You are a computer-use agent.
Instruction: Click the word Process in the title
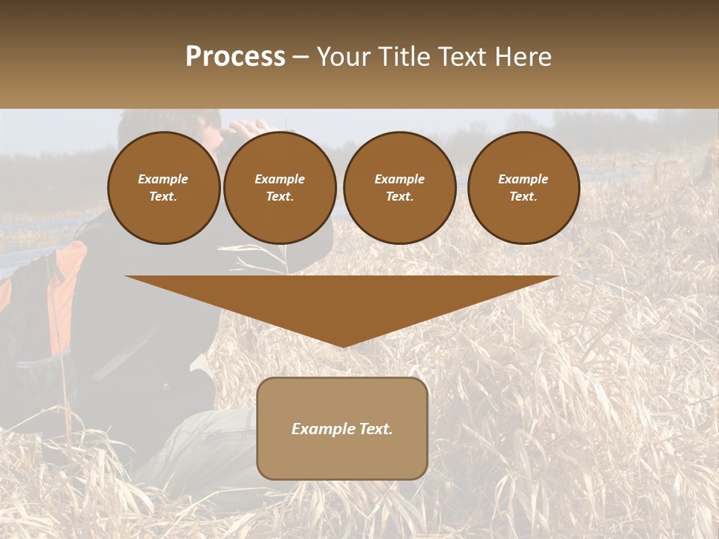tap(235, 57)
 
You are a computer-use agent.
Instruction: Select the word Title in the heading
tap(409, 57)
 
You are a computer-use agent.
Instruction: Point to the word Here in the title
tap(524, 57)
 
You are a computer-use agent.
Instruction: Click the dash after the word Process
tap(301, 58)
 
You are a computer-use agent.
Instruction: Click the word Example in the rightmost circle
tap(523, 179)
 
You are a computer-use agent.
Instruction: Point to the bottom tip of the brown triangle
tap(342, 346)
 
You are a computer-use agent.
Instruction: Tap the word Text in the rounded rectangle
tap(374, 429)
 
